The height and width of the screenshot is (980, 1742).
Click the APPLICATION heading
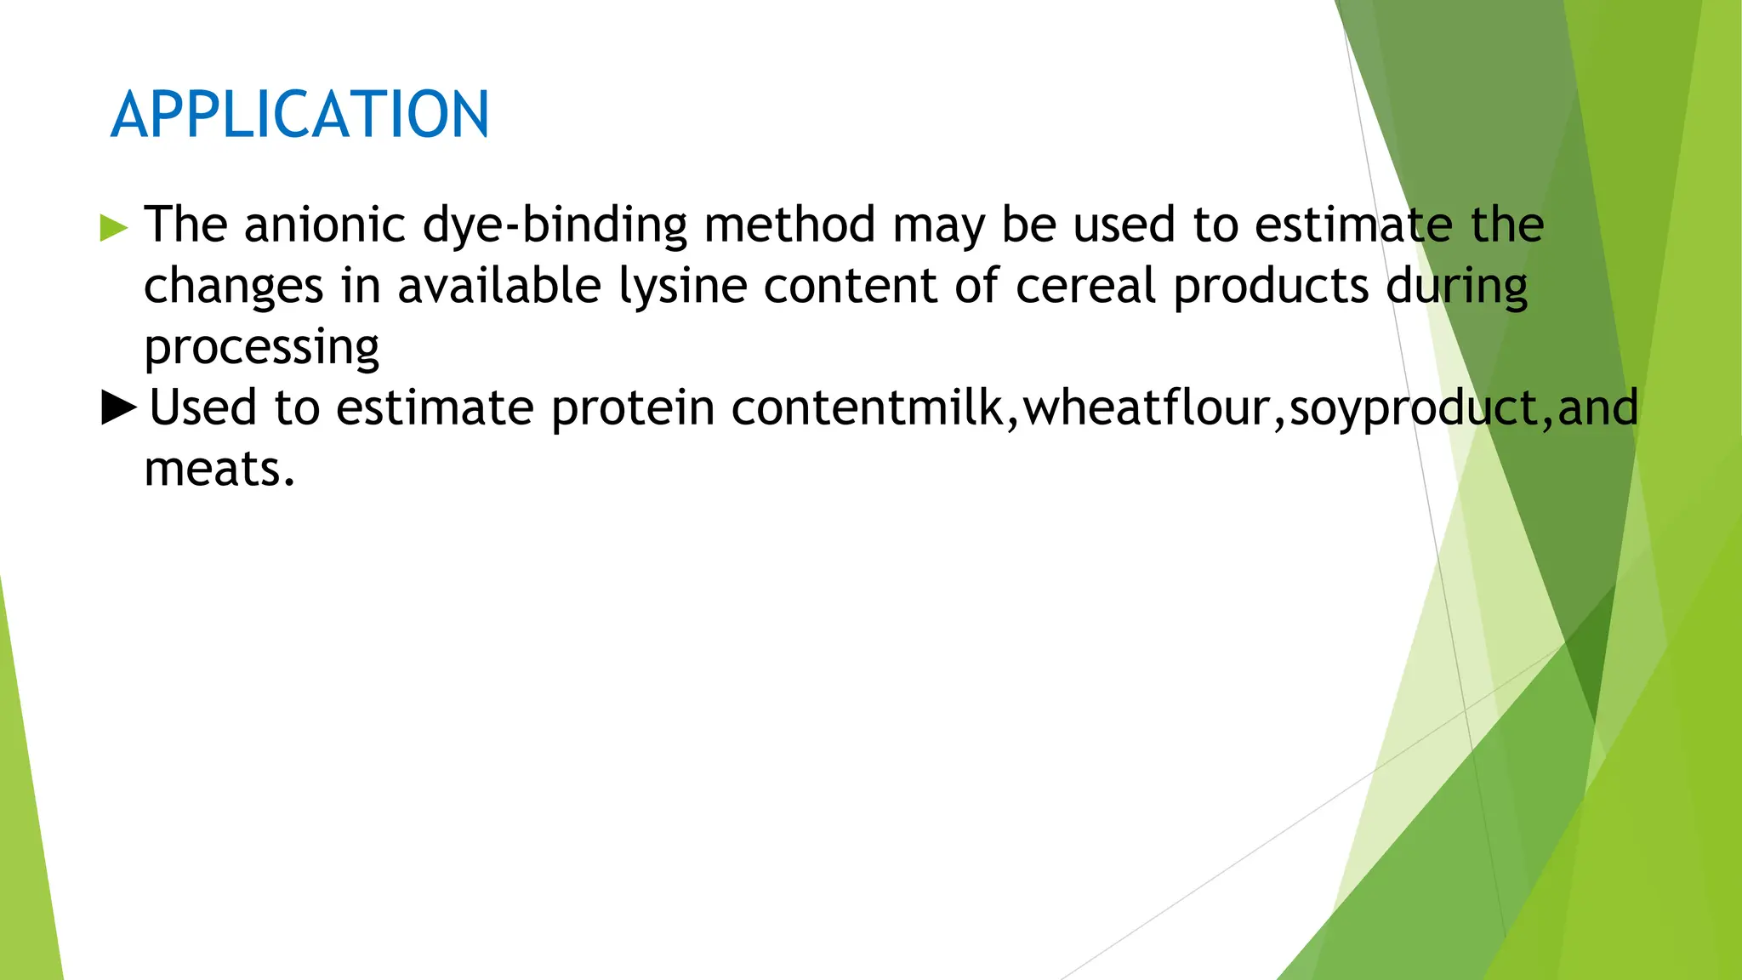tap(299, 115)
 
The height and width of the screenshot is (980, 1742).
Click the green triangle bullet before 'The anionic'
tap(114, 228)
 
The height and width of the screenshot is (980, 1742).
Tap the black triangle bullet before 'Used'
tap(118, 407)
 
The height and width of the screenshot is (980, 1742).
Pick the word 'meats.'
tap(219, 470)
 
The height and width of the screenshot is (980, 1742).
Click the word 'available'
tap(499, 287)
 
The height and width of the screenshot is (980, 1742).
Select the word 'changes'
tap(233, 287)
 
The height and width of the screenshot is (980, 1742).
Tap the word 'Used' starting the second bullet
tap(202, 408)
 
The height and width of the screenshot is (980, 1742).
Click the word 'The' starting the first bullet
tap(185, 225)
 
